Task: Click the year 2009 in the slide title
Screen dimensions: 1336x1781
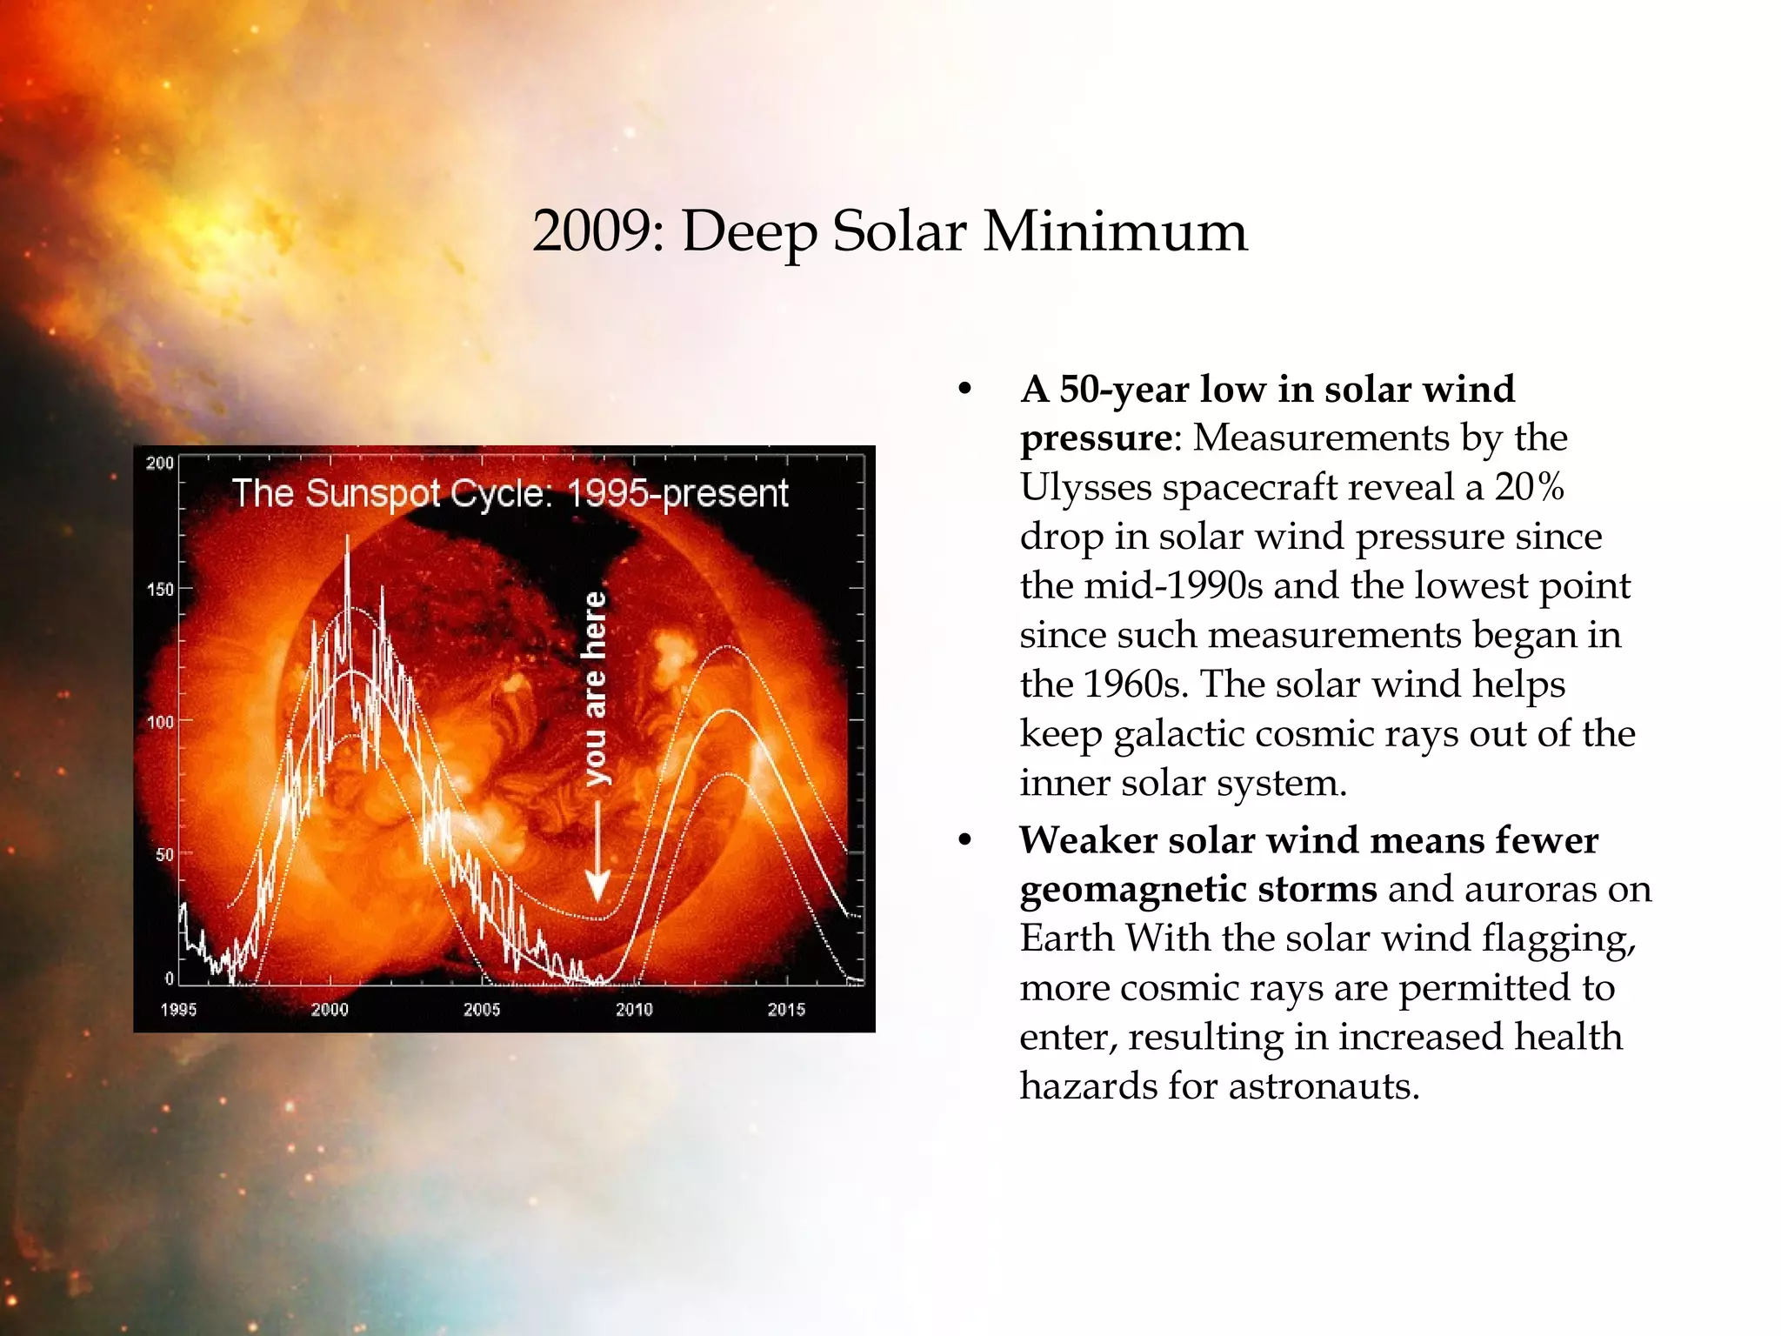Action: click(591, 231)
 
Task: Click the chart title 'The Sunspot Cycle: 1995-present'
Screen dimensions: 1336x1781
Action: click(510, 493)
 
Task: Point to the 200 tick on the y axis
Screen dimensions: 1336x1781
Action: click(160, 463)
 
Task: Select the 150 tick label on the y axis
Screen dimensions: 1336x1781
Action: click(160, 590)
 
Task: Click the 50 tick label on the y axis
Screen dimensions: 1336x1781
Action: click(164, 854)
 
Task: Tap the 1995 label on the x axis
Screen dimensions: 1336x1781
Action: click(178, 1009)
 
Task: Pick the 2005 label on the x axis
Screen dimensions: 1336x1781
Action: click(482, 1009)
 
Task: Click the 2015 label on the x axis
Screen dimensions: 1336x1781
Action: click(786, 1009)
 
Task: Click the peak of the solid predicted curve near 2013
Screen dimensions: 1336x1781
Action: click(727, 711)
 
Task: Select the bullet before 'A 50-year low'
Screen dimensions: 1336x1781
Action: click(964, 389)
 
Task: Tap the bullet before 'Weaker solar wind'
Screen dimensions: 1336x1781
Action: click(964, 840)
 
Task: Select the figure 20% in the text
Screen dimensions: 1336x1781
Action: click(1529, 487)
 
